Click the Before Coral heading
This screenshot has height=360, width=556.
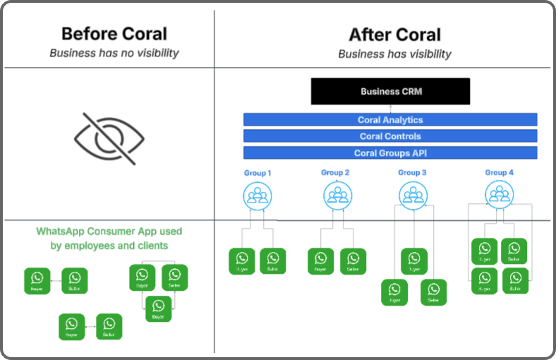coord(114,34)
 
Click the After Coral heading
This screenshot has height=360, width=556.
coord(394,35)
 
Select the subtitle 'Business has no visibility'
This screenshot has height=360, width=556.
coord(114,53)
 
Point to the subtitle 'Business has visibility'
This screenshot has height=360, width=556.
coord(394,54)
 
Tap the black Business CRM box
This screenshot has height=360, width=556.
coord(390,92)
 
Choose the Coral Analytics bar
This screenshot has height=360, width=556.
coord(390,120)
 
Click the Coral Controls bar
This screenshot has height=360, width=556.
coord(390,136)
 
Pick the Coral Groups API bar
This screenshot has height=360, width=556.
coord(390,153)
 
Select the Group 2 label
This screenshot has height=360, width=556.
coord(335,173)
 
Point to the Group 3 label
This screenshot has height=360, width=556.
coord(412,173)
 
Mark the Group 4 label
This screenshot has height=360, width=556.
coord(500,173)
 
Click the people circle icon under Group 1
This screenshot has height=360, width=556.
coord(257,194)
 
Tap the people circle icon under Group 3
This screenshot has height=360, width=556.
coord(413,194)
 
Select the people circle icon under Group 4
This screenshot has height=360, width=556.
coord(500,193)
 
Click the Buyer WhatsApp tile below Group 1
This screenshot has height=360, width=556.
coord(242,260)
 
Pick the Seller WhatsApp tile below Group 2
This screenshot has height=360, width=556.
coord(353,260)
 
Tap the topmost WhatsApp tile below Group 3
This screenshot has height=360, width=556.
coord(414,260)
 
